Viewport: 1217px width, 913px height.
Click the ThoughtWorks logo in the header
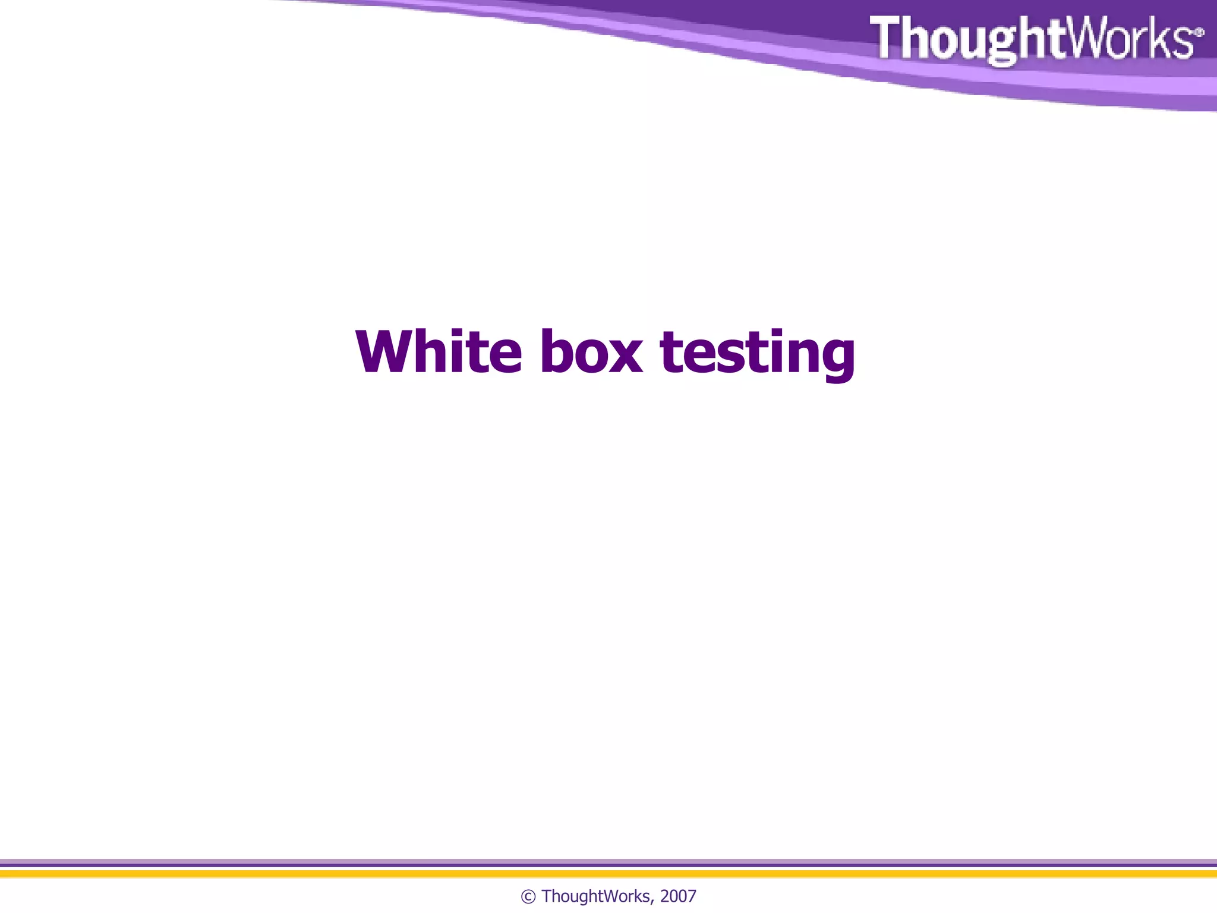coord(1034,38)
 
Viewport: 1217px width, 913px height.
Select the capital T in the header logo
coord(888,37)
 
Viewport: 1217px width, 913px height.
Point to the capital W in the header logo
coord(1083,37)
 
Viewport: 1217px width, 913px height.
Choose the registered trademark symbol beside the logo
coord(1199,32)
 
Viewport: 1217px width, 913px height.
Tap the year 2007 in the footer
coord(678,896)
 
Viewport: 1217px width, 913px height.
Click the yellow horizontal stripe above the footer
coord(608,874)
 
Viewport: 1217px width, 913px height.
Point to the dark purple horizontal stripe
coord(608,865)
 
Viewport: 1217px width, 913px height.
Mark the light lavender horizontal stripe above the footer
coord(608,861)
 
